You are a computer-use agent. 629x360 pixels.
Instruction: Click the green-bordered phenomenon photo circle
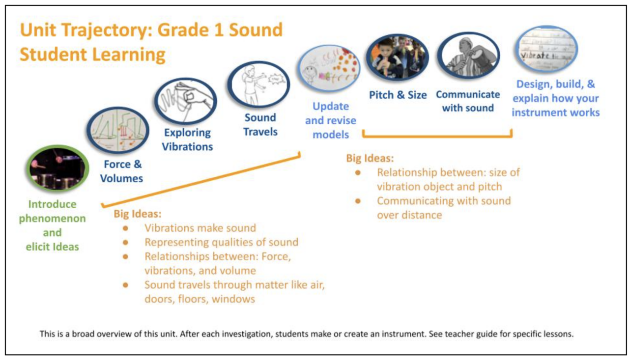[x=57, y=168]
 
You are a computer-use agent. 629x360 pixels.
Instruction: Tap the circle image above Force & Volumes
[x=118, y=131]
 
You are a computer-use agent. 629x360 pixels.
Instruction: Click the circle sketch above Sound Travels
[x=259, y=84]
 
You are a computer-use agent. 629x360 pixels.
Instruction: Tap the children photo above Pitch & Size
[x=397, y=57]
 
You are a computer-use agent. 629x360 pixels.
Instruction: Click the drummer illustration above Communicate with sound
[x=468, y=56]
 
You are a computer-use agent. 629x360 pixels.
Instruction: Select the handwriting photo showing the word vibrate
[x=545, y=49]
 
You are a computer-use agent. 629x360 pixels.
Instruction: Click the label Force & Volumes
[x=121, y=171]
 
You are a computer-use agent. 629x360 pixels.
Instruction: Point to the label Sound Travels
[x=260, y=125]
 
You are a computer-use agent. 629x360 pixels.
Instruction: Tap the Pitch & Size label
[x=398, y=95]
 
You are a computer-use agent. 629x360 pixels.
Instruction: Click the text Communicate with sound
[x=468, y=101]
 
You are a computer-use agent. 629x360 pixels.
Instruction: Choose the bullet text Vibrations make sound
[x=200, y=228]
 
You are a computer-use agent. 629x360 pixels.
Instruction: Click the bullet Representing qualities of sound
[x=221, y=242]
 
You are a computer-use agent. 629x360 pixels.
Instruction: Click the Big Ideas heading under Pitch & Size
[x=370, y=159]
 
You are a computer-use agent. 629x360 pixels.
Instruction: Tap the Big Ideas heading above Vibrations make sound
[x=137, y=214]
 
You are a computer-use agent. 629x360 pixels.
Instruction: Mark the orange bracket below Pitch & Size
[x=437, y=136]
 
